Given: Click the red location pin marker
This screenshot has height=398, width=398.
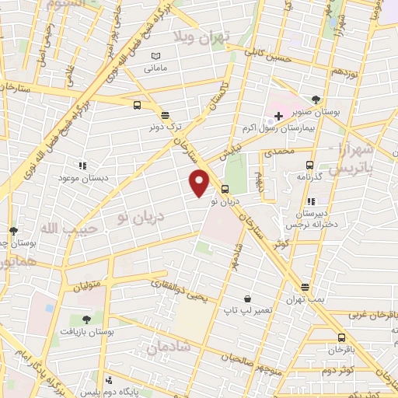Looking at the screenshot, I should point(200,183).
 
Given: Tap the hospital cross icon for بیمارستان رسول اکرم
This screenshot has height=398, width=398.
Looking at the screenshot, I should point(278,116).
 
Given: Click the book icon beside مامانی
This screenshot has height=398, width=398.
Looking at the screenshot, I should point(156,57).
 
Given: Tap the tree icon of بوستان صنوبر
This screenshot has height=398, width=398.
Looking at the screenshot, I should point(315,99).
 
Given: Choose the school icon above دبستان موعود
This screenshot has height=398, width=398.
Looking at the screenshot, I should point(82,166).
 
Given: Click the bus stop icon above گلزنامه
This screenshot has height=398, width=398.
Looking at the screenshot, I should point(310,165).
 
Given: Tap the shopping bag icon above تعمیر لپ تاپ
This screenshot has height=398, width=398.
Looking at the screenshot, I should point(247,298).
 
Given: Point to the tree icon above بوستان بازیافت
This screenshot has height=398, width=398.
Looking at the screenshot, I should point(86,319).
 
